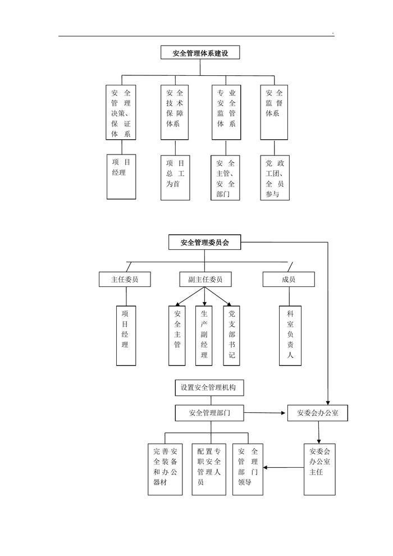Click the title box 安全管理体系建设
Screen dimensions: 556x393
point(200,53)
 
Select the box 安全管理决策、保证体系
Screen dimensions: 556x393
point(121,112)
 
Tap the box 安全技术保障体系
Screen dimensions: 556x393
point(175,112)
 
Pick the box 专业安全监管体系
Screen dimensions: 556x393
point(226,112)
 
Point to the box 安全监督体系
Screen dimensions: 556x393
point(275,112)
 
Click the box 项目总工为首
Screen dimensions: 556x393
point(175,177)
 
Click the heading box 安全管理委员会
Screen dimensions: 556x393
point(204,243)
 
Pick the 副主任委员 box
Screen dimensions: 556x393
point(205,279)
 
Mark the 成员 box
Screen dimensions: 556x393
point(289,279)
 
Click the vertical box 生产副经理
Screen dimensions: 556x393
point(204,335)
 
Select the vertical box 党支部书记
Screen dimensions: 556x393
point(231,335)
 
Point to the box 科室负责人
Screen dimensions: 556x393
point(290,335)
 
